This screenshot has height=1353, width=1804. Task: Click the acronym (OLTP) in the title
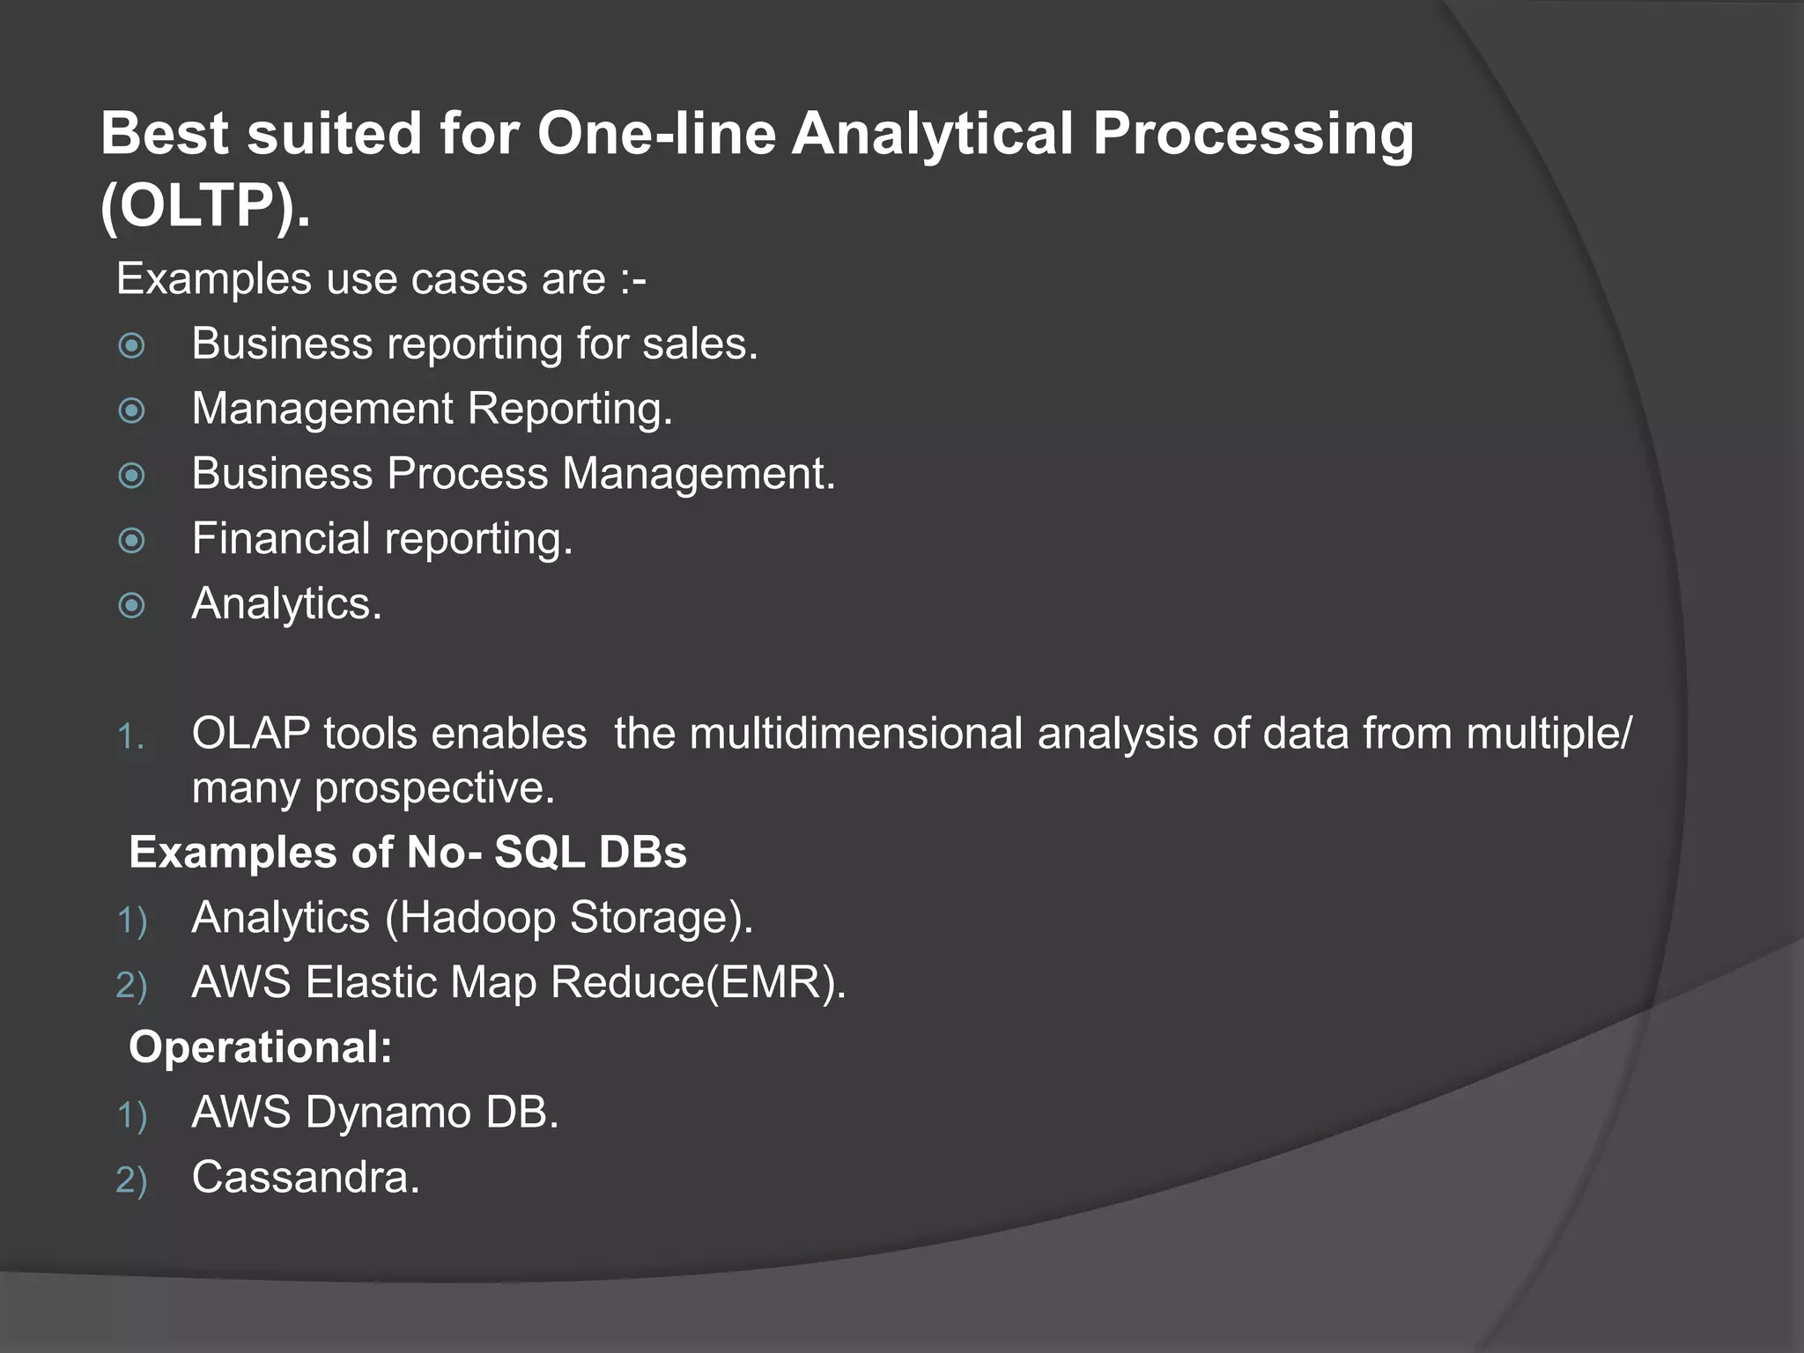coord(204,205)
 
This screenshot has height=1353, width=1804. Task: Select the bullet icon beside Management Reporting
coord(132,410)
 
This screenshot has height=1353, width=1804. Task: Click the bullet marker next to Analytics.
coord(132,605)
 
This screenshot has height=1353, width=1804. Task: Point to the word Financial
coord(281,538)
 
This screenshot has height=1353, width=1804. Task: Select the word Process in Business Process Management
coord(467,474)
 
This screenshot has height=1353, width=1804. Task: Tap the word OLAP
coord(251,734)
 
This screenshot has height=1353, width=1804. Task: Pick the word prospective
coord(434,787)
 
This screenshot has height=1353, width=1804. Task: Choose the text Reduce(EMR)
coord(698,982)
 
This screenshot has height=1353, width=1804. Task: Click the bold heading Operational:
coord(261,1047)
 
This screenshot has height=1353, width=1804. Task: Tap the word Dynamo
coord(388,1113)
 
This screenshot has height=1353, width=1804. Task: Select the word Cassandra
coord(306,1178)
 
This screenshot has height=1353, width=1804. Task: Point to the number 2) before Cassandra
coord(131,1180)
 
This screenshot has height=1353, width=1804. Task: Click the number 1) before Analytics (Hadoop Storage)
coord(131,920)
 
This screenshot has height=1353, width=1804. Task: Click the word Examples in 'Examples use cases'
coord(214,279)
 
